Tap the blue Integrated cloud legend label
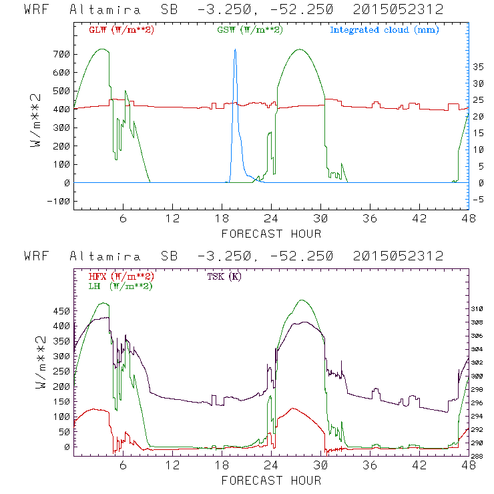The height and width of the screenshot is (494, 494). pyautogui.click(x=385, y=30)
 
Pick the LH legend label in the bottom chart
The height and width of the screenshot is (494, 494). pyautogui.click(x=121, y=286)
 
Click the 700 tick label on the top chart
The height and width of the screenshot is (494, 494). pyautogui.click(x=61, y=53)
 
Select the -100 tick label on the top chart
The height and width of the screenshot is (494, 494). pyautogui.click(x=58, y=201)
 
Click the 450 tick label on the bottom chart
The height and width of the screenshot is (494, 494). pyautogui.click(x=61, y=310)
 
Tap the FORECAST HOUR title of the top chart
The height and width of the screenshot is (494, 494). pyautogui.click(x=271, y=234)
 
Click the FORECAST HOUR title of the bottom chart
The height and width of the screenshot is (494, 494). pyautogui.click(x=271, y=480)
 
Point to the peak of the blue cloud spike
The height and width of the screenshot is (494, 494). pyautogui.click(x=235, y=50)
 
